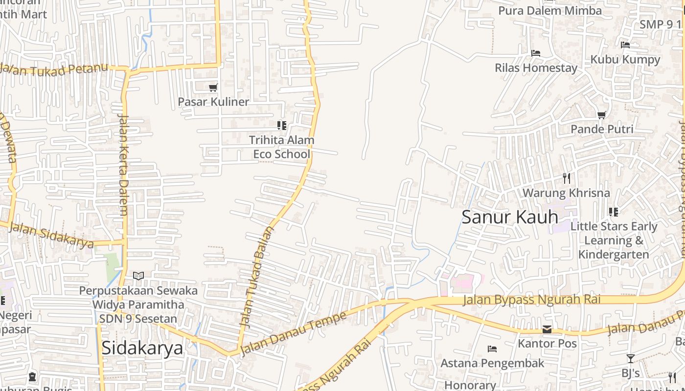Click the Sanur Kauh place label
510,217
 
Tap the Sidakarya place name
142,348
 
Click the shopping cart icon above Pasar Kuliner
213,88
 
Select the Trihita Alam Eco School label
281,147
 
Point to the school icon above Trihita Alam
281,126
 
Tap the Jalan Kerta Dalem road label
123,165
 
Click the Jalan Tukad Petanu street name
54,69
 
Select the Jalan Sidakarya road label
51,235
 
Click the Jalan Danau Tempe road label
294,333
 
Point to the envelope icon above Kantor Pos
547,329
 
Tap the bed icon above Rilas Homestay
536,53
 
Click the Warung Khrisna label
566,193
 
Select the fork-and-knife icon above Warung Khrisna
567,178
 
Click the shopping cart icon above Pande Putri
602,115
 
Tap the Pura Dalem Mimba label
550,10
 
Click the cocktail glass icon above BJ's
630,359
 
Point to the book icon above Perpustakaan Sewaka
138,276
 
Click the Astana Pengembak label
492,363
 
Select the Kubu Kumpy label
625,59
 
